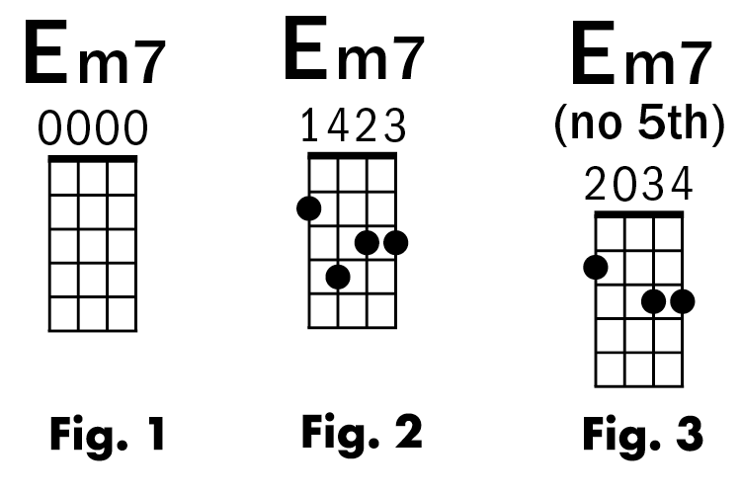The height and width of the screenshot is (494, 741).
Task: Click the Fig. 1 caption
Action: pos(94,434)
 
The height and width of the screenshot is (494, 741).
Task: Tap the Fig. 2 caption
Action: pos(362,431)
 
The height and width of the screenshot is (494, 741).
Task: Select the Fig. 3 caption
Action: pos(642,434)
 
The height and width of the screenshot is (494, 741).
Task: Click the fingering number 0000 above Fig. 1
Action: pos(94,128)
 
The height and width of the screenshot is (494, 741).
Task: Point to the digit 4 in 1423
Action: pos(339,125)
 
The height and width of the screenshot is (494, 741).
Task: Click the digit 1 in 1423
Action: pos(310,125)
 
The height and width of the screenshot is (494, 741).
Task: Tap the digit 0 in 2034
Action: pos(624,185)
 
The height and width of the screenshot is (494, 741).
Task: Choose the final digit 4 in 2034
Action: pos(682,185)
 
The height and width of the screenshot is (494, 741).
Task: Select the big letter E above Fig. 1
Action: pos(45,57)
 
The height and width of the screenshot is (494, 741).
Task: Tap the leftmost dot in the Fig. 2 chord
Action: pos(309,207)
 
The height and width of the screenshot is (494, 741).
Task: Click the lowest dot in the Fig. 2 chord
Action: pos(338,277)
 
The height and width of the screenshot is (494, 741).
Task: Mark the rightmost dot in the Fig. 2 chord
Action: pos(396,242)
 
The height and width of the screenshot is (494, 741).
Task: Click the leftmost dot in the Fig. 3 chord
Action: pos(596,267)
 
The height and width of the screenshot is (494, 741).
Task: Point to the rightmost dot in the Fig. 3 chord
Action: pos(682,301)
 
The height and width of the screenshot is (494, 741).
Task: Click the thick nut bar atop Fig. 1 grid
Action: pos(94,158)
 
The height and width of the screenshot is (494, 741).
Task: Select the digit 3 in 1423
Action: pos(395,125)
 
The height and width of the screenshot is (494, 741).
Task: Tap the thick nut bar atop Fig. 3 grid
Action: pos(639,214)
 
